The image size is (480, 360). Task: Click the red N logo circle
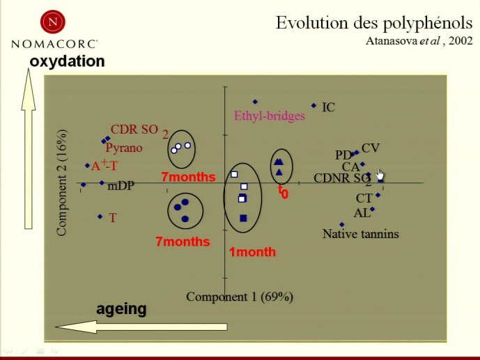(x=53, y=22)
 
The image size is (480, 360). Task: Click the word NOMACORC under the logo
(x=54, y=44)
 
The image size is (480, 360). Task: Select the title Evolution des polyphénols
(x=374, y=24)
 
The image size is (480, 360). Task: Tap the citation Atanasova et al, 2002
(x=419, y=40)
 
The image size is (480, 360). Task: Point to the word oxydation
(x=67, y=61)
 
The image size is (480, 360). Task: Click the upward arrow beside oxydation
(x=29, y=148)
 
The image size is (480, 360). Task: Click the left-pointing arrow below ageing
(x=141, y=327)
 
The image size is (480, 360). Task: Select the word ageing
(x=121, y=309)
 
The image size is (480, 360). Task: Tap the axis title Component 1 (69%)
(x=240, y=297)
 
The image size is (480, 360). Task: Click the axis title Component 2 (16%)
(x=61, y=183)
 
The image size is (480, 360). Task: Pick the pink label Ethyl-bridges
(x=270, y=116)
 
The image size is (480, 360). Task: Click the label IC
(x=328, y=107)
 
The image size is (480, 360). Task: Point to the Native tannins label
(x=361, y=234)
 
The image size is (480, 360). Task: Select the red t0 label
(x=283, y=191)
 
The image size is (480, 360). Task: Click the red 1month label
(x=253, y=252)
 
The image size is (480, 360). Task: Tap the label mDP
(x=121, y=186)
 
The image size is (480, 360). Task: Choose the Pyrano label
(x=124, y=148)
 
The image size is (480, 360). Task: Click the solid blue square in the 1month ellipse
(x=243, y=218)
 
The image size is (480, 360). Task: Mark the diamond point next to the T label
(x=100, y=217)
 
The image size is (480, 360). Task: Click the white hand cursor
(x=380, y=175)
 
